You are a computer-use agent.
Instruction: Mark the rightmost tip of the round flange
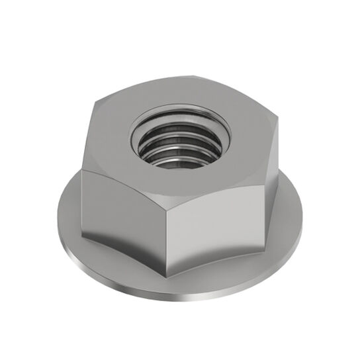[303, 218]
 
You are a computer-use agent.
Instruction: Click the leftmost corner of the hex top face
[82, 167]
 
